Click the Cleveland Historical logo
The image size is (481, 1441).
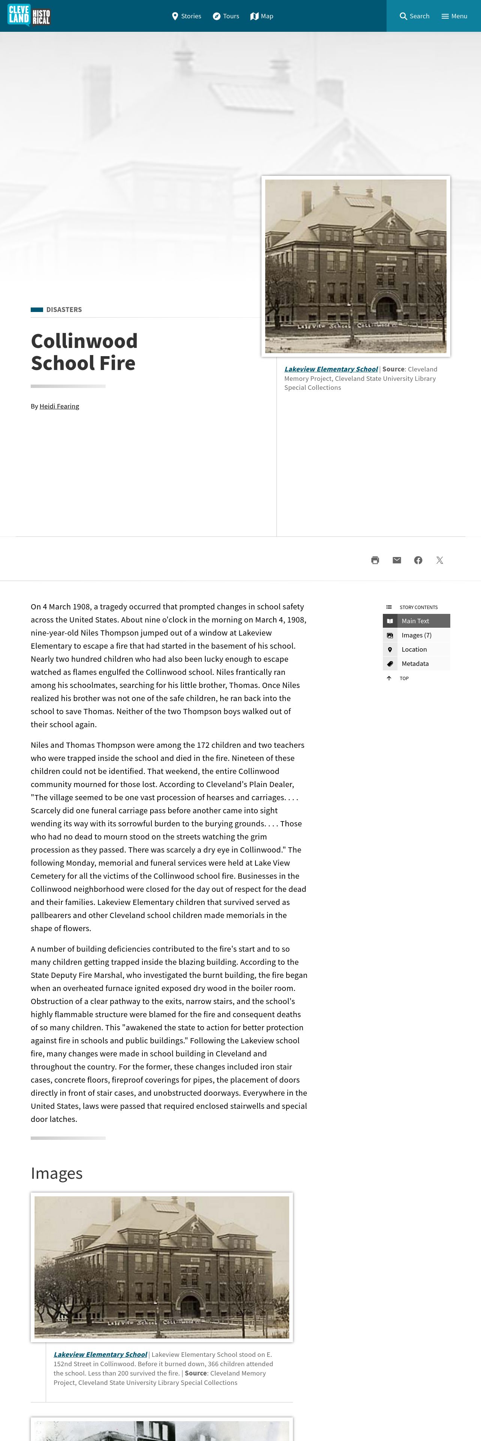tap(29, 16)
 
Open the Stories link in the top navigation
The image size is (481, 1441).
tap(187, 16)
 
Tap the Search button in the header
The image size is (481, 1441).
tap(414, 16)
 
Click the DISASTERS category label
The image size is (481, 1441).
tap(64, 309)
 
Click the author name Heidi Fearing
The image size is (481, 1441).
tap(59, 406)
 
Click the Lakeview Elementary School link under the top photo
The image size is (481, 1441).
tap(331, 369)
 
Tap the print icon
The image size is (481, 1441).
tap(375, 560)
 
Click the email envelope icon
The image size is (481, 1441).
tap(396, 560)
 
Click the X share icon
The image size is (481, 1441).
tap(439, 560)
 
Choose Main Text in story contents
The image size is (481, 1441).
tap(415, 621)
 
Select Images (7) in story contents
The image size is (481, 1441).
tap(416, 635)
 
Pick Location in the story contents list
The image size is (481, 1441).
tap(414, 649)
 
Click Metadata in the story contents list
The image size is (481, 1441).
tap(415, 663)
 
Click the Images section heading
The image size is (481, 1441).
tap(57, 1173)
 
